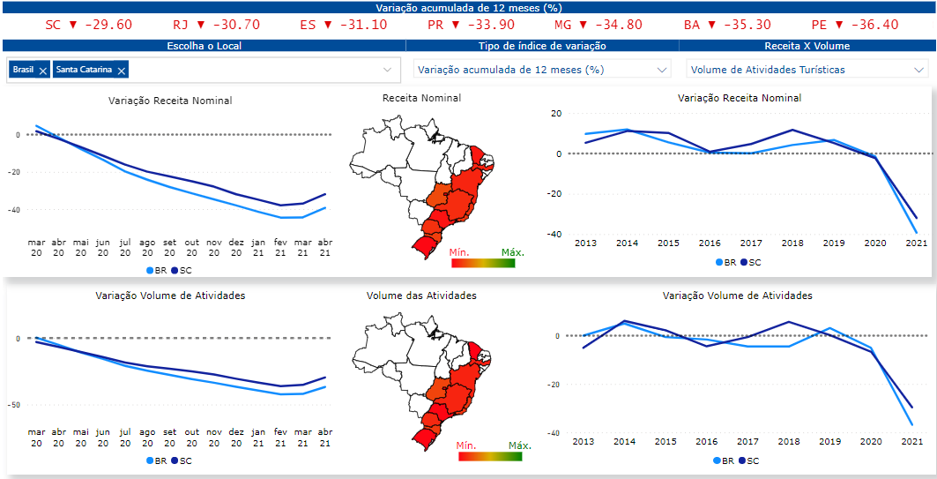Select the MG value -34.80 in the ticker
pos(618,25)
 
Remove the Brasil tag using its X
pos(43,70)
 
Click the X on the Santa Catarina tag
pos(122,70)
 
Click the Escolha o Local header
pos(204,46)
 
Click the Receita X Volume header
pos(806,46)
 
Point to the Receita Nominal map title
pos(421,98)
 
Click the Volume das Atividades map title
pos(421,296)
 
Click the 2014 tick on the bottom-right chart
pos(626,441)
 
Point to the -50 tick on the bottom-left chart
pos(19,405)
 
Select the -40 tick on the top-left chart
pos(19,210)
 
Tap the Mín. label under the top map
pos(464,252)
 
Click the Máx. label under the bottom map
pos(521,445)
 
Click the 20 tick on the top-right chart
pos(555,114)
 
